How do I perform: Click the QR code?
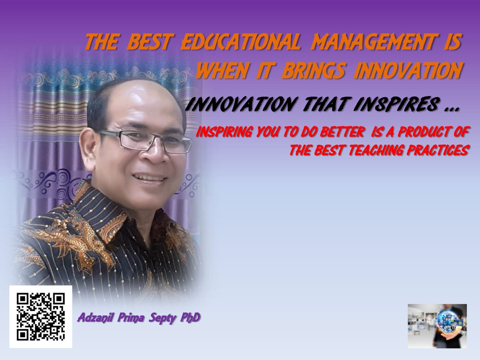[40, 316]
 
